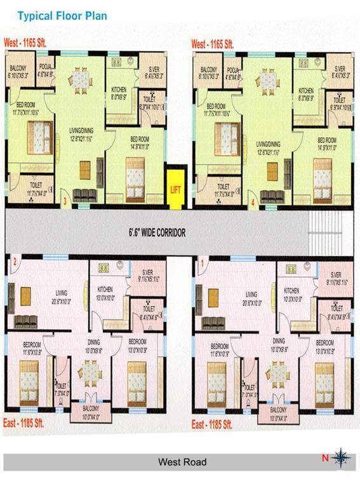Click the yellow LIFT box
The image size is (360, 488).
(176, 188)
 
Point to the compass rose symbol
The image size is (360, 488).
(341, 456)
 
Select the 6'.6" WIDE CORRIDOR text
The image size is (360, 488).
(156, 233)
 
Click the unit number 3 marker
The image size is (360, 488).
(65, 203)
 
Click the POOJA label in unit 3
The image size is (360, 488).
(44, 66)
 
